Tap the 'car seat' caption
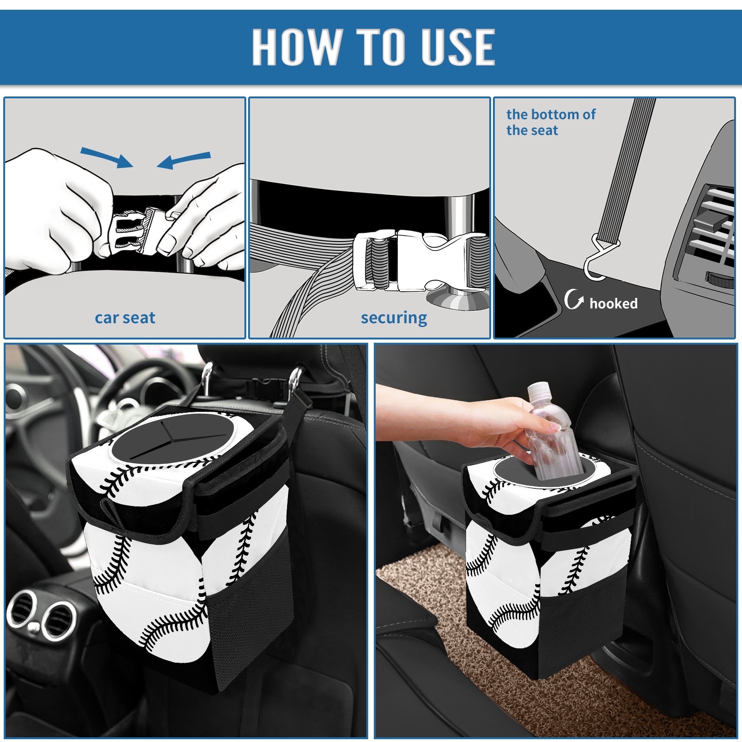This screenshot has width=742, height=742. point(125,318)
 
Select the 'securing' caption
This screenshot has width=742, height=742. point(394,318)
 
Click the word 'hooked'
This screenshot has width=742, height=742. point(614,304)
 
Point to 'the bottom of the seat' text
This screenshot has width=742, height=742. point(550,122)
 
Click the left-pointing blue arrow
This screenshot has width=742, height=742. point(184,160)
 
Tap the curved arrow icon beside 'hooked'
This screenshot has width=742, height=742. point(574,299)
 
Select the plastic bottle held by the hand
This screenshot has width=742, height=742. point(552,431)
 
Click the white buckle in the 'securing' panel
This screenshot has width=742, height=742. point(420,261)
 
